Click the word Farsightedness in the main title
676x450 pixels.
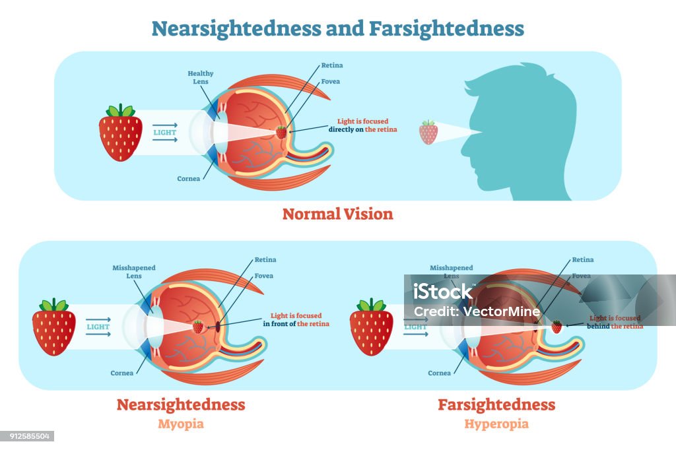pos(446,28)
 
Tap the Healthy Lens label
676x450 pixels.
pos(201,78)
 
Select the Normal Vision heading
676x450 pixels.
pos(337,214)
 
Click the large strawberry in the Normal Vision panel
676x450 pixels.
pos(120,133)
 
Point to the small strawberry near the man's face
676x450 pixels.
pos(428,132)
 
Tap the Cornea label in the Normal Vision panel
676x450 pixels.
pos(189,179)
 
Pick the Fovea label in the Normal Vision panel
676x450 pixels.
pos(331,82)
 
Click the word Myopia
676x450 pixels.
pos(181,424)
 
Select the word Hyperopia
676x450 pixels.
pos(496,424)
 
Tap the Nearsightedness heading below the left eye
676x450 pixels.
pos(181,404)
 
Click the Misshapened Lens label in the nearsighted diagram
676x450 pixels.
pos(134,272)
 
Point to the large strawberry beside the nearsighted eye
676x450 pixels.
pos(54,327)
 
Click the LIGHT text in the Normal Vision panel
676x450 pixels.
pos(164,133)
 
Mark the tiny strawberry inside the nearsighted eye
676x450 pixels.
pos(198,327)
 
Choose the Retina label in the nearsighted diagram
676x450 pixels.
pos(265,260)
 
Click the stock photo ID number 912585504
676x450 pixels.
pos(27,436)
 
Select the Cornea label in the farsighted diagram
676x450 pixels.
pos(440,373)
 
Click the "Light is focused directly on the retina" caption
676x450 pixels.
pos(362,125)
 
